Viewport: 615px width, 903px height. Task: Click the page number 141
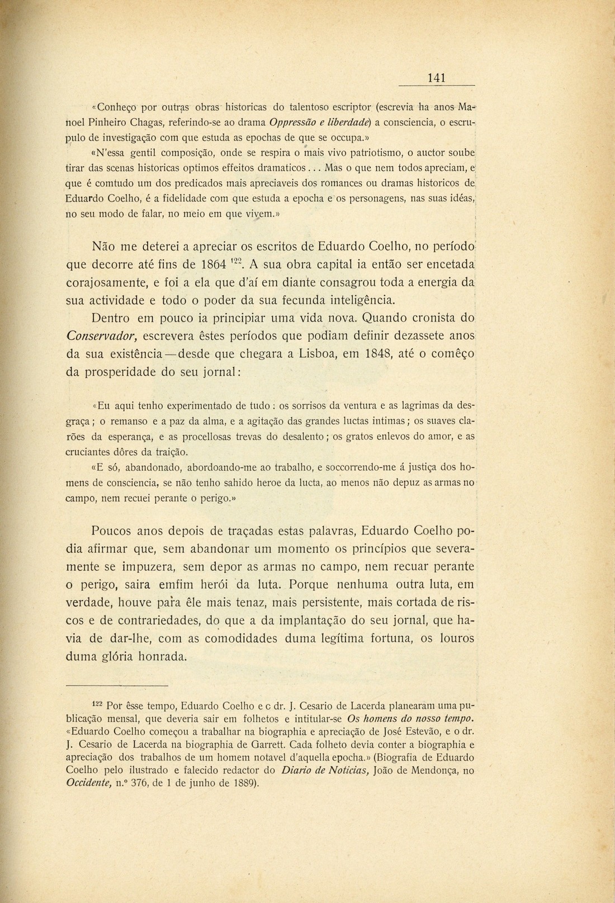click(437, 78)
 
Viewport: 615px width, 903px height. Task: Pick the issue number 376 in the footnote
click(153, 783)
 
